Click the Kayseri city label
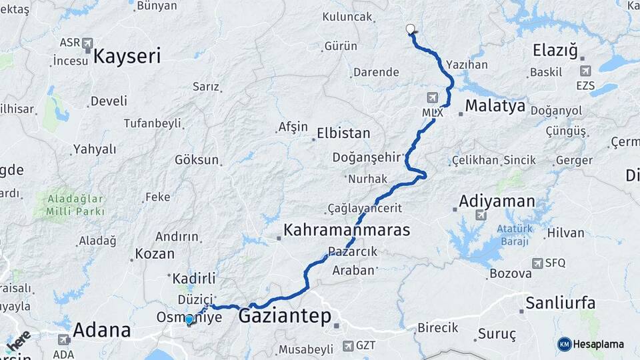pyautogui.click(x=127, y=56)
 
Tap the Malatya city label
pyautogui.click(x=495, y=106)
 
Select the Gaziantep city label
pyautogui.click(x=285, y=316)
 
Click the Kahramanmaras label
pyautogui.click(x=347, y=231)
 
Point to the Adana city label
pyautogui.click(x=101, y=329)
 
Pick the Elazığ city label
pyautogui.click(x=555, y=51)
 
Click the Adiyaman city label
pyautogui.click(x=497, y=201)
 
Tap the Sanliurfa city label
pyautogui.click(x=560, y=303)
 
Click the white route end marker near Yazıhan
pyautogui.click(x=411, y=29)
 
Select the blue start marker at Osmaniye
pyautogui.click(x=189, y=320)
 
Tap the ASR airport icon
pyautogui.click(x=88, y=43)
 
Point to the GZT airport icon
pyautogui.click(x=348, y=345)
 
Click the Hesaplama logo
pyautogui.click(x=591, y=344)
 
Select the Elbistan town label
pyautogui.click(x=343, y=133)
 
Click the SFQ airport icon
pyautogui.click(x=537, y=263)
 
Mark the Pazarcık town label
pyautogui.click(x=353, y=252)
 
